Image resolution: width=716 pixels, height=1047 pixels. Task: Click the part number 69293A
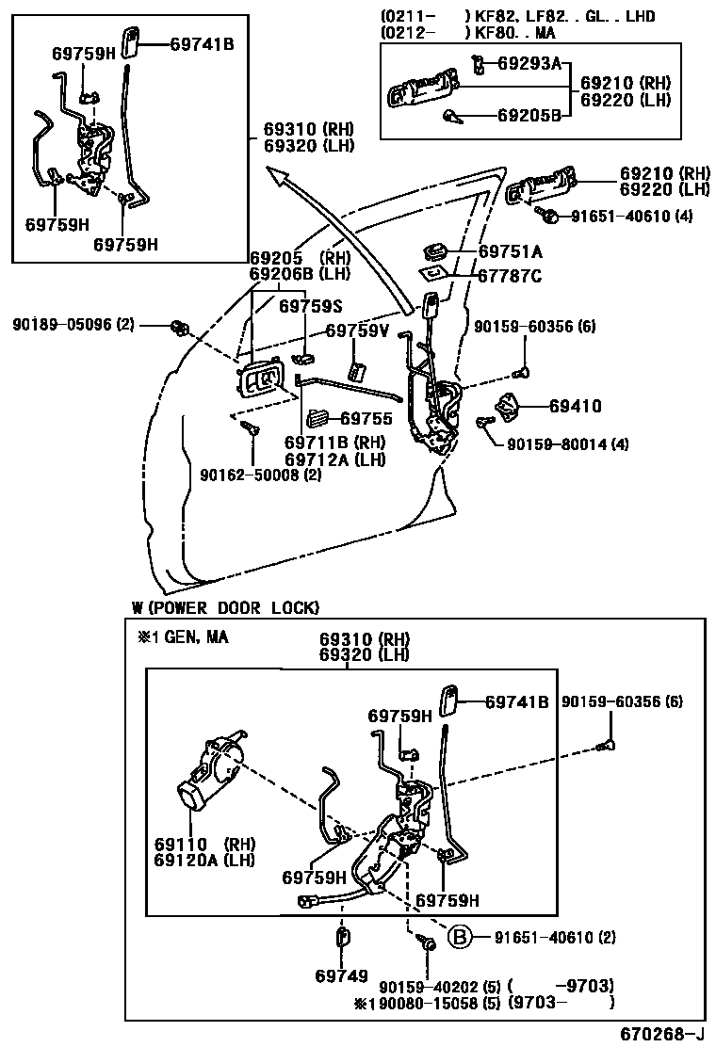529,64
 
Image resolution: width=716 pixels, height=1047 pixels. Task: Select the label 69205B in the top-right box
529,116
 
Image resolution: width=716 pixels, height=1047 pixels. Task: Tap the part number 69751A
510,251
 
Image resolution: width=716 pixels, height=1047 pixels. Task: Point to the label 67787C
510,276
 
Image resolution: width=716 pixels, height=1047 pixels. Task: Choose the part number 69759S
310,305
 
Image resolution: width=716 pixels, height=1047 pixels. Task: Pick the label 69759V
357,330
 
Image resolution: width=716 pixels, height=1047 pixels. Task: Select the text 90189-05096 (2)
73,325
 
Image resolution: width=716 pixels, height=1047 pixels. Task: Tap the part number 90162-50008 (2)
261,476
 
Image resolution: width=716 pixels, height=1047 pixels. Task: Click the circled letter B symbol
458,937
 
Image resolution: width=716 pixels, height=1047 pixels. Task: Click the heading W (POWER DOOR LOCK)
225,607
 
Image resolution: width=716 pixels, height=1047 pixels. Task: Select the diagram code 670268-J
661,1034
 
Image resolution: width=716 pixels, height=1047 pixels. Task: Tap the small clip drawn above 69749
342,940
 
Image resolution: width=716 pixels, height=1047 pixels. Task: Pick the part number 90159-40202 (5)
438,987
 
